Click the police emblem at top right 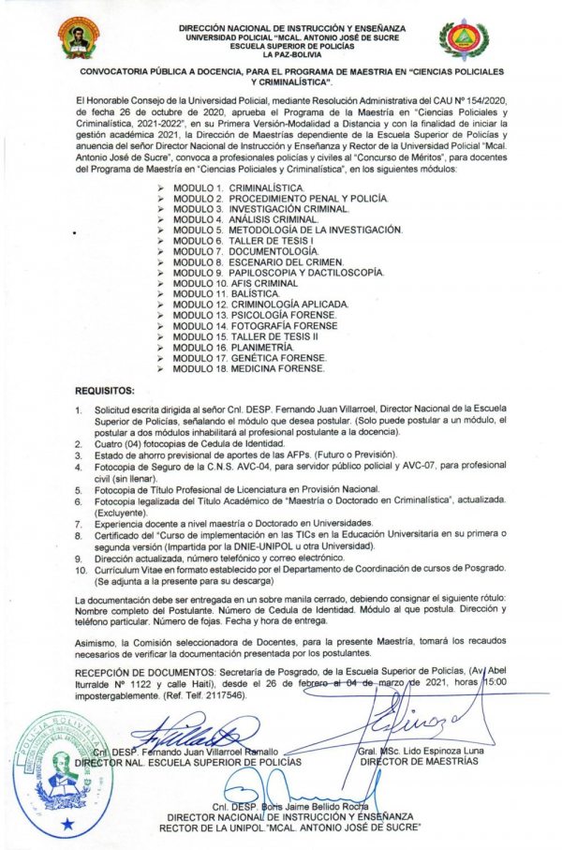[465, 38]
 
